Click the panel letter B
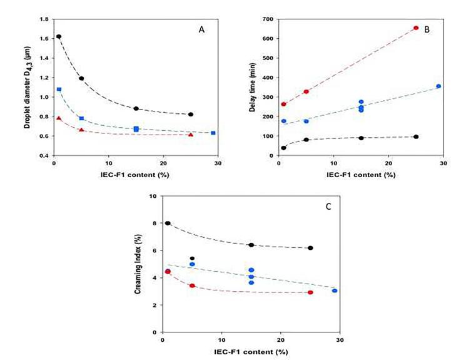click(x=425, y=29)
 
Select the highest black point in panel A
click(x=59, y=37)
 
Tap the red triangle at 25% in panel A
click(x=191, y=135)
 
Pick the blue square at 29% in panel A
click(x=213, y=133)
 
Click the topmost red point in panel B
click(x=416, y=28)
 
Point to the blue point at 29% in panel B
click(x=438, y=86)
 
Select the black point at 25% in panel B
click(x=416, y=136)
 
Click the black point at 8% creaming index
click(x=168, y=224)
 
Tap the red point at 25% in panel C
click(x=310, y=292)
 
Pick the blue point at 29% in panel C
click(x=335, y=291)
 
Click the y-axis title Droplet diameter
click(x=27, y=87)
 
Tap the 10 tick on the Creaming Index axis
click(x=152, y=196)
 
